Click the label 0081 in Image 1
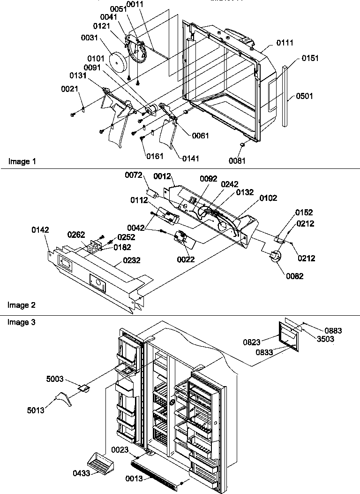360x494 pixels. point(237,160)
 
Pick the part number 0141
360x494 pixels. point(190,159)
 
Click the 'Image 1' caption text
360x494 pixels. point(22,161)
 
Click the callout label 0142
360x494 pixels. point(40,230)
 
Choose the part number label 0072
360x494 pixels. point(133,175)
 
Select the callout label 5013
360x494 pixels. point(37,411)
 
